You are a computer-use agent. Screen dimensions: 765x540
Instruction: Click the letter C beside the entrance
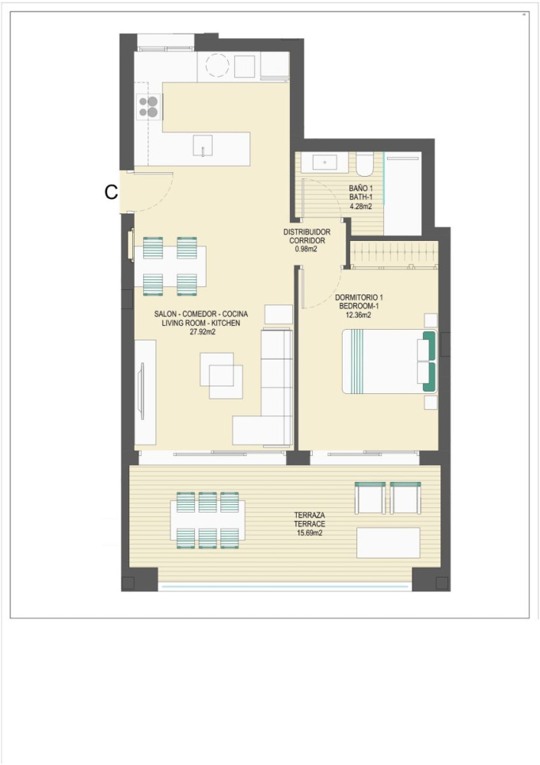(111, 192)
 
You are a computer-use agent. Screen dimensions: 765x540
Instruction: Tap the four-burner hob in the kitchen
(148, 107)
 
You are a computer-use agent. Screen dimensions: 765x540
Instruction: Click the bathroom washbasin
(325, 163)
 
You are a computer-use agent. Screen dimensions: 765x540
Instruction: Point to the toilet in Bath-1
(364, 164)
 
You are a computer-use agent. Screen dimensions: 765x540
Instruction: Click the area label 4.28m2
(360, 206)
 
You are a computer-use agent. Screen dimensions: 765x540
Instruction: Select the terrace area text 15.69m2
(310, 533)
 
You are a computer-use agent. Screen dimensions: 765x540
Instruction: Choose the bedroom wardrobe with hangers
(393, 254)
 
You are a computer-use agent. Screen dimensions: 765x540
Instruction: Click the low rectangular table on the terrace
(389, 542)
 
